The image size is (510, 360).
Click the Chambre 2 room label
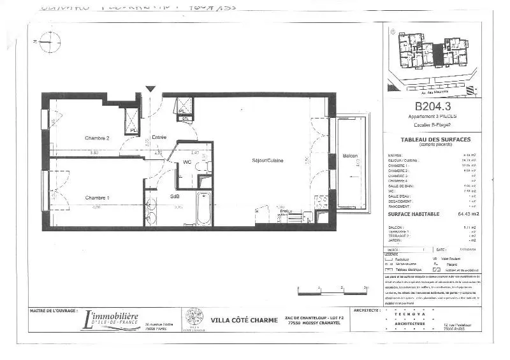tap(98, 138)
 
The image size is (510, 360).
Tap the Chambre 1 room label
tap(98, 198)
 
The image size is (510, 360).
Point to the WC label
tap(187, 162)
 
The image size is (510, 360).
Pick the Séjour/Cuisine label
tap(267, 160)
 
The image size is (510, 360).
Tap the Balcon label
tap(350, 156)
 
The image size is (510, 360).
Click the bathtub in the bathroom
tap(204, 208)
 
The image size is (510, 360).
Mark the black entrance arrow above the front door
tap(150, 89)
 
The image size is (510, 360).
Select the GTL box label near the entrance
tap(185, 119)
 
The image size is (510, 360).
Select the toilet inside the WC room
tap(203, 167)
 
